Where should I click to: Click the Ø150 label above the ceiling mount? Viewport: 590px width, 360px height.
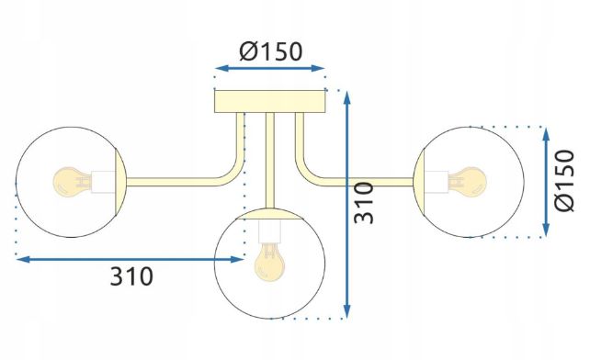coord(270,51)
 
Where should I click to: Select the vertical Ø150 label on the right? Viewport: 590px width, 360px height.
coord(564,181)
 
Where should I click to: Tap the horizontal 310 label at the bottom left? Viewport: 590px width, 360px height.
coord(131,276)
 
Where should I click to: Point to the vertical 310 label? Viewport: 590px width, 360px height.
coord(364,203)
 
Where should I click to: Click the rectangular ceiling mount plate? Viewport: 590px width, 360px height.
coord(270,101)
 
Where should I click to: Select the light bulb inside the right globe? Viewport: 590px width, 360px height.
coord(468,182)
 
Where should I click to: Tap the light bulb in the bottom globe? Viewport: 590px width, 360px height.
coord(269,262)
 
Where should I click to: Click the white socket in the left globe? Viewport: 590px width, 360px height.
coord(103,182)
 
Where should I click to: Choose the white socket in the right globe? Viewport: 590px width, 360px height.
coord(437,182)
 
